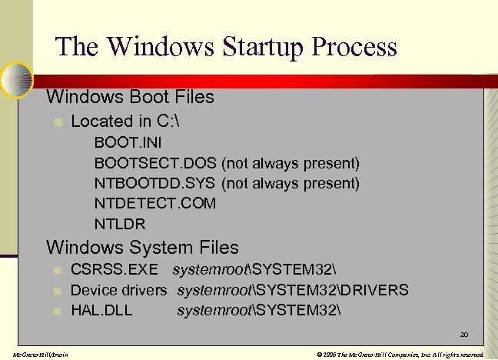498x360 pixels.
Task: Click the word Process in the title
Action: point(354,46)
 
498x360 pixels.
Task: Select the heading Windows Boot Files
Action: point(130,98)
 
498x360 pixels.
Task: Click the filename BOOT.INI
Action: point(128,143)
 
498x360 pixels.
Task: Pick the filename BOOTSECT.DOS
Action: point(155,163)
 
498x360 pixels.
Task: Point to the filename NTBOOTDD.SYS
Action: point(156,183)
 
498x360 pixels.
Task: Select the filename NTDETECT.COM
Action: point(155,203)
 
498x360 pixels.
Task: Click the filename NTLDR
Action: point(120,224)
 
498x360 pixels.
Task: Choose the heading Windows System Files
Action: point(142,248)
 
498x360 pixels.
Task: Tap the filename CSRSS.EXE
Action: point(115,270)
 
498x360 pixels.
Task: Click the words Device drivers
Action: point(118,290)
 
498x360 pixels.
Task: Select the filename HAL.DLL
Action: point(101,310)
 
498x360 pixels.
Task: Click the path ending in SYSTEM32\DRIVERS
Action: point(293,290)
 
